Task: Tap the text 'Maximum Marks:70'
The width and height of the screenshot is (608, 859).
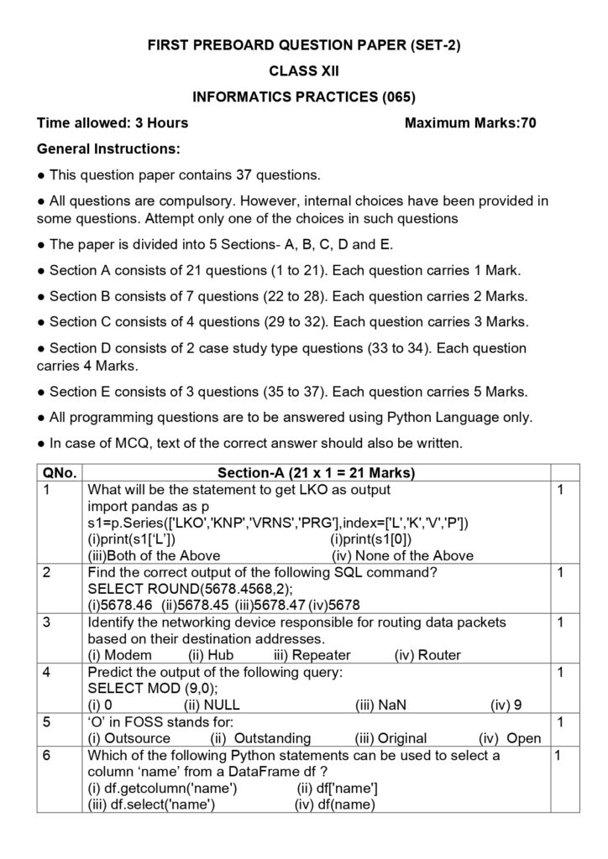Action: pos(470,123)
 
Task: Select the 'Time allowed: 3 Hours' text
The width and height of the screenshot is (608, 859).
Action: pos(113,123)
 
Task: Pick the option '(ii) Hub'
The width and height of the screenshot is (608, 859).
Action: pos(210,654)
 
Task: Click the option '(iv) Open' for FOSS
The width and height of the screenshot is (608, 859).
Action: pos(510,738)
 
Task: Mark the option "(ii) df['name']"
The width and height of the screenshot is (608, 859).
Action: pos(337,788)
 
